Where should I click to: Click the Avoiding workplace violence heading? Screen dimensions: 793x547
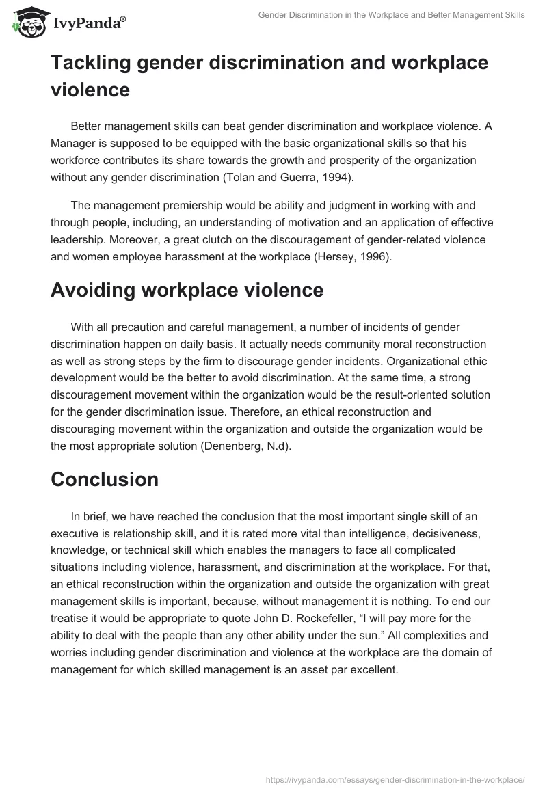click(187, 290)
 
